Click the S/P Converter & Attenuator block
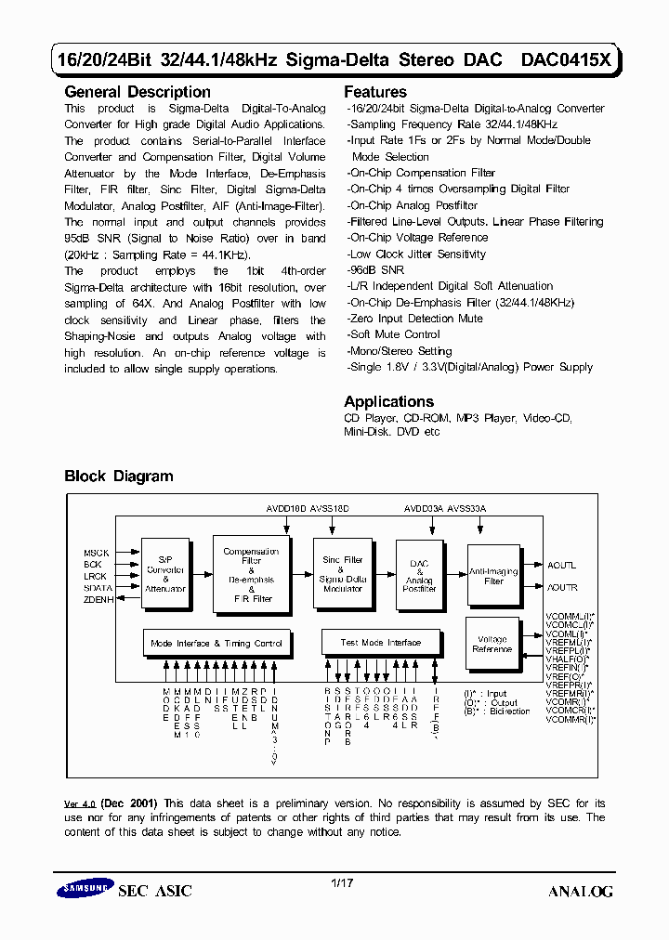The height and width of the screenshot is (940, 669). pyautogui.click(x=165, y=575)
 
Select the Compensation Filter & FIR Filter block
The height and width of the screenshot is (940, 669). pyautogui.click(x=251, y=575)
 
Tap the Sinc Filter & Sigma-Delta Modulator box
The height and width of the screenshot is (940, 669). pyautogui.click(x=343, y=574)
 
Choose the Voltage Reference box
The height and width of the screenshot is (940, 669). pyautogui.click(x=492, y=644)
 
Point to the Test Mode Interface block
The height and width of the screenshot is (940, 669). pyautogui.click(x=380, y=643)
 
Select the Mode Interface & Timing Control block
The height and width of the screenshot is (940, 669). pyautogui.click(x=216, y=643)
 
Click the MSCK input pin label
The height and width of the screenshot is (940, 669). pyautogui.click(x=97, y=554)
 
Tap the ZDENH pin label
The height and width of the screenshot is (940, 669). pyautogui.click(x=97, y=599)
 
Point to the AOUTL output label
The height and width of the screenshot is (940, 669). pyautogui.click(x=561, y=565)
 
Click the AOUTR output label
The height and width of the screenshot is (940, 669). pyautogui.click(x=561, y=588)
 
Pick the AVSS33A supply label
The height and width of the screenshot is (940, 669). pyautogui.click(x=466, y=509)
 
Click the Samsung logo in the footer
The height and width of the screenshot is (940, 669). pyautogui.click(x=85, y=889)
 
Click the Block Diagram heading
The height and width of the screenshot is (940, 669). pyautogui.click(x=119, y=477)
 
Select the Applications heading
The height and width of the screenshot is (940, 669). pyautogui.click(x=389, y=401)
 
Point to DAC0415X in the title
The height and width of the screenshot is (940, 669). pyautogui.click(x=566, y=60)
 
